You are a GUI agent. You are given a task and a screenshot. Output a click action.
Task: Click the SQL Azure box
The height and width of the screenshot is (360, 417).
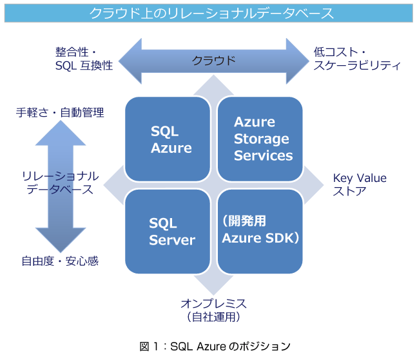[x=168, y=139]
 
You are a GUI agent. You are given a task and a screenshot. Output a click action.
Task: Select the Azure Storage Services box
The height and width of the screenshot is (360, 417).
[x=260, y=139]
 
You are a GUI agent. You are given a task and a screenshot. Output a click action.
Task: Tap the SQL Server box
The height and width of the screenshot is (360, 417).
[x=168, y=232]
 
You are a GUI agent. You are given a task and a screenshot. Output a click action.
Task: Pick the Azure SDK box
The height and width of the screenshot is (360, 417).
[x=260, y=232]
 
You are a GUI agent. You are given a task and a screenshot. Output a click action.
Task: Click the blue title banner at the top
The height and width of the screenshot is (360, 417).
[x=209, y=13]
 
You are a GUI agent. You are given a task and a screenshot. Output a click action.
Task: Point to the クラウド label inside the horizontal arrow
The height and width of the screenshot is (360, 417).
[x=213, y=61]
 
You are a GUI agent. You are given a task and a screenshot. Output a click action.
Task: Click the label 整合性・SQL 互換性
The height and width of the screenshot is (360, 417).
[x=84, y=59]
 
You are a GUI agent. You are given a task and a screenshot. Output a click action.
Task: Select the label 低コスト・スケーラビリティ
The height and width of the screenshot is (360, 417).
[x=357, y=59]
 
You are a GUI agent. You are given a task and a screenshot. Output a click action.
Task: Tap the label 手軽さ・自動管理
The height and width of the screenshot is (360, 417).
[x=60, y=112]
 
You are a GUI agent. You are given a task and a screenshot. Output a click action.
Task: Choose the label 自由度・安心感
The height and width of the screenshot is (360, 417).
[x=60, y=261]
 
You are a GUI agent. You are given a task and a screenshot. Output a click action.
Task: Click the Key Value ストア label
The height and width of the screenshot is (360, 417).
[x=360, y=185]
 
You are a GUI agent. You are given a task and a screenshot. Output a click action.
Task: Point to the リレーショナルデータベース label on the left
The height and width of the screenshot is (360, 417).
[x=60, y=183]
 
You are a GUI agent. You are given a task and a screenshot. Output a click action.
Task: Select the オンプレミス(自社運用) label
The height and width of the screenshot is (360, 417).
[x=213, y=310]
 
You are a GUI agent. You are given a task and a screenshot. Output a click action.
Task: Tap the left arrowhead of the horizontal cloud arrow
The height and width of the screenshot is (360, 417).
[x=130, y=61]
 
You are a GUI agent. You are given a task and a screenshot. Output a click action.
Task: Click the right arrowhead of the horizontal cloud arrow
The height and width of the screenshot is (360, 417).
[x=298, y=61]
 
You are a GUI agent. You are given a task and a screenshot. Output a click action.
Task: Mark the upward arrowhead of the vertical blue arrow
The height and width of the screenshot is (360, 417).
[x=61, y=133]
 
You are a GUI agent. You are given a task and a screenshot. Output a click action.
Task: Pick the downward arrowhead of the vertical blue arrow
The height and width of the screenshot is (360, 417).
[x=61, y=240]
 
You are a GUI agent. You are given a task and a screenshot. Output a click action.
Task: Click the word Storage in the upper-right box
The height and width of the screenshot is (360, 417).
[x=262, y=139]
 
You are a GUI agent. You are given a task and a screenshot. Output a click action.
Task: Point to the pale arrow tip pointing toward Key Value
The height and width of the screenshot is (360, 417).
[x=314, y=185]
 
